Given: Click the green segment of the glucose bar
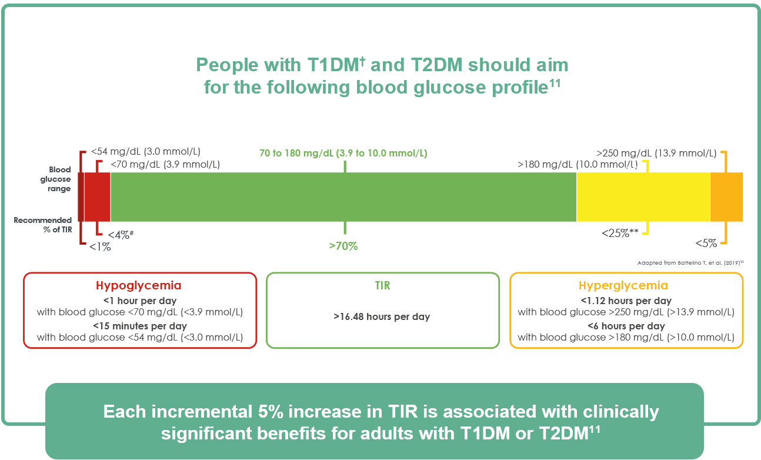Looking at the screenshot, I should [x=343, y=197].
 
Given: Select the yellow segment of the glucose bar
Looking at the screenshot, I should [x=643, y=197].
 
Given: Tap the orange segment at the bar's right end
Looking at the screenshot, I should [x=726, y=197].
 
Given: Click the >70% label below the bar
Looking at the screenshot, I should [x=343, y=246].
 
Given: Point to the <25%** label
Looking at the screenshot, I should [x=620, y=233].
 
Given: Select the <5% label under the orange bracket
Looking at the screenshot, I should [x=706, y=243].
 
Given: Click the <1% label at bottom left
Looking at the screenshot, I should [x=100, y=247].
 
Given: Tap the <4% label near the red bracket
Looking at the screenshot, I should [x=121, y=235].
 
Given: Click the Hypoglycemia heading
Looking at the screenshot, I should [x=139, y=286].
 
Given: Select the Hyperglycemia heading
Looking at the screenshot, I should [x=623, y=286].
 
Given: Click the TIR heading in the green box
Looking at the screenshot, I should [x=382, y=286].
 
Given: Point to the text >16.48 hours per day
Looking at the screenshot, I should [x=382, y=317].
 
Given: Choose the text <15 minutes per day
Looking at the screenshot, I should [x=140, y=326].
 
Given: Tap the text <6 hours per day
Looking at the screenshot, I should [x=626, y=326].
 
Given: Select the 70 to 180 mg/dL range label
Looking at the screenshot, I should [x=343, y=154].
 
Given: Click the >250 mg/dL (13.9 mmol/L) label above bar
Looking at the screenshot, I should [x=656, y=153].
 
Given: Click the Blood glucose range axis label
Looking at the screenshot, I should [x=59, y=179].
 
